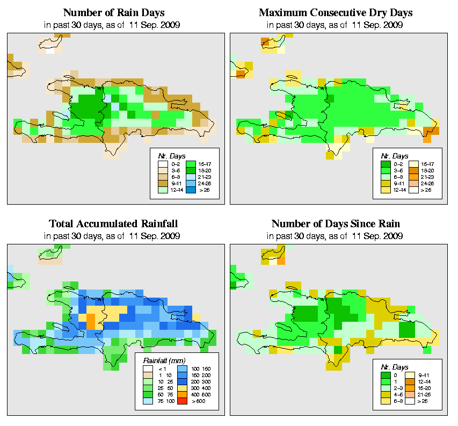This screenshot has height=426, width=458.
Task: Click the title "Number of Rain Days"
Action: pos(113,12)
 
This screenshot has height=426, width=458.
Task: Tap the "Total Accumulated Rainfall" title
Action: pos(113,223)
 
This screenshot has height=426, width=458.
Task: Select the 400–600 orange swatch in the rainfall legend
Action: pos(180,394)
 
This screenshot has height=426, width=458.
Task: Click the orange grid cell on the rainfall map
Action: pos(91,321)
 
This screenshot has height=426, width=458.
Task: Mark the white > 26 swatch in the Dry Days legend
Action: pos(413,190)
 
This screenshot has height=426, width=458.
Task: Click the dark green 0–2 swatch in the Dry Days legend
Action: pos(385,162)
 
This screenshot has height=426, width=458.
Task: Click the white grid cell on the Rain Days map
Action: pos(50,52)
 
